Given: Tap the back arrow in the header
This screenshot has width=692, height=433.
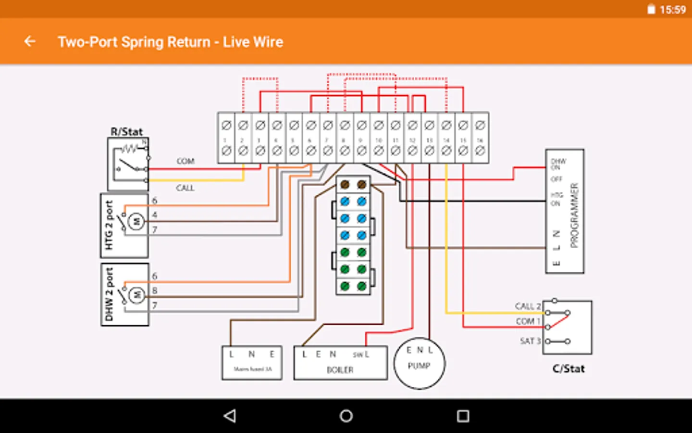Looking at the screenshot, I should point(30,42).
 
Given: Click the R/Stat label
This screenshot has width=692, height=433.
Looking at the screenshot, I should point(126,131).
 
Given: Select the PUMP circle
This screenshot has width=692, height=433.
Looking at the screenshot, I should point(419,363).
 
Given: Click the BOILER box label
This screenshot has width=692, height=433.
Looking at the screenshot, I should point(340,369).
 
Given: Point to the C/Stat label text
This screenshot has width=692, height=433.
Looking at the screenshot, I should point(568,369).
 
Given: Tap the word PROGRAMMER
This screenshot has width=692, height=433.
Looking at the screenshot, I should point(574,215).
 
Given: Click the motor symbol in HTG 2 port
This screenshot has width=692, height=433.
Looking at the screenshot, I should point(136,221).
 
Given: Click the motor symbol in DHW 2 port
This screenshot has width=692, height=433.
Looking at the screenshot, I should point(136,294).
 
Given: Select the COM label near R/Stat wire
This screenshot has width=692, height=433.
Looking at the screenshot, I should point(185,161).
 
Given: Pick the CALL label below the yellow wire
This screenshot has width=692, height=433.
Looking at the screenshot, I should point(185,188).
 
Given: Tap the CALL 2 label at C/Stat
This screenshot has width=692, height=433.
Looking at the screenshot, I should point(527,306).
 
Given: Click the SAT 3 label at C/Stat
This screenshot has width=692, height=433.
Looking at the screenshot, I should point(530,341).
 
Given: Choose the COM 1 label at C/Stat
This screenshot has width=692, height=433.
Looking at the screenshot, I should point(528,321).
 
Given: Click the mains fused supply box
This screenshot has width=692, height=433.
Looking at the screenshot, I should point(252,363).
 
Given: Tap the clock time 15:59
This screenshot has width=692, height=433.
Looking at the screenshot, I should point(672,10).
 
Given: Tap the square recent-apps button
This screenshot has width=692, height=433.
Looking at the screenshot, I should point(463,416).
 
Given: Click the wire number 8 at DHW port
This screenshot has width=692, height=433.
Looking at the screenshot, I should point(155,291).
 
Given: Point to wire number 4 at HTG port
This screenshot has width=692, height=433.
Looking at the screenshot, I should point(155,215).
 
